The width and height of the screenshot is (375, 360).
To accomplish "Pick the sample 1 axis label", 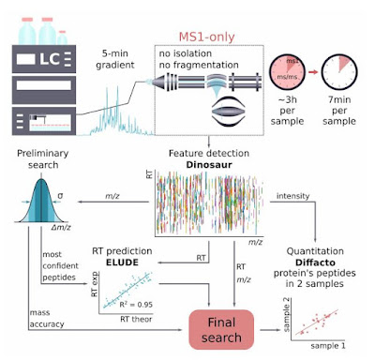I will [x=333, y=347].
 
